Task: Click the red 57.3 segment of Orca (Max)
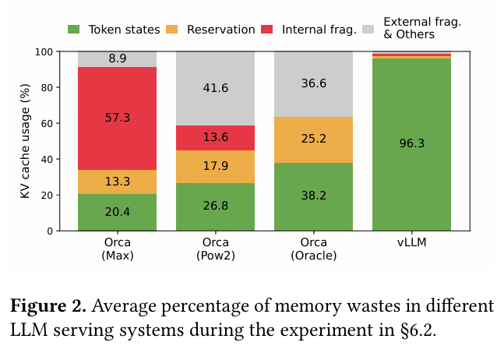click(x=117, y=118)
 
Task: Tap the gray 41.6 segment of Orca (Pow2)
click(x=215, y=88)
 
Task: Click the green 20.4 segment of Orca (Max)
click(x=117, y=212)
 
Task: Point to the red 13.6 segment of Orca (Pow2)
click(x=215, y=138)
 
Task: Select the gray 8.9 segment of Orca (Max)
click(x=117, y=59)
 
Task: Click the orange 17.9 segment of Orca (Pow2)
click(x=215, y=167)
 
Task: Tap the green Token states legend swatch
click(x=74, y=30)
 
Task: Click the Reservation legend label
click(x=220, y=30)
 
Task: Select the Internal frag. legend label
click(x=320, y=30)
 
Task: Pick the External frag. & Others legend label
click(x=422, y=29)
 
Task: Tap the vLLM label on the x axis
click(x=411, y=242)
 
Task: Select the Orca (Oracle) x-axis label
click(x=313, y=249)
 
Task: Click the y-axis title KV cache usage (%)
click(x=26, y=142)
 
